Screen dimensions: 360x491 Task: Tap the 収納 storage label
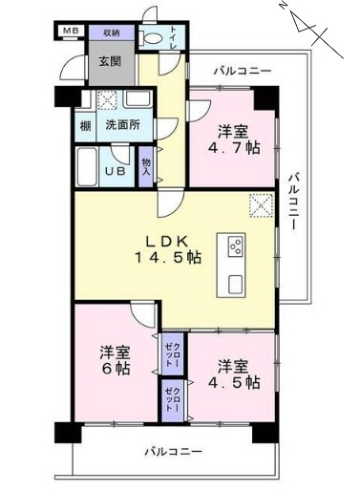(112, 32)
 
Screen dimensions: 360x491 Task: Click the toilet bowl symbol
(151, 39)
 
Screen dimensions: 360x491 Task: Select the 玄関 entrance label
(110, 61)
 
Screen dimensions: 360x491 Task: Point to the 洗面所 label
(122, 125)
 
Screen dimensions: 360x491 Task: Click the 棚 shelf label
(85, 126)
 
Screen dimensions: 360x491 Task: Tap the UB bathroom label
(116, 171)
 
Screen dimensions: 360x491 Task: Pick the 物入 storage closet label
(146, 167)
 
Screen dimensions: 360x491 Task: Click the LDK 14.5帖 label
(169, 250)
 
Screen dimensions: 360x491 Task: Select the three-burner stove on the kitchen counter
(236, 245)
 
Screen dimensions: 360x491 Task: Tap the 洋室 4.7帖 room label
(234, 139)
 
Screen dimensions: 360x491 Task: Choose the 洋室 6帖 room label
(116, 360)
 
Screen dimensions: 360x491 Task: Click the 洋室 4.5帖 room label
(234, 374)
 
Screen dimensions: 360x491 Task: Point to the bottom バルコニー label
(174, 451)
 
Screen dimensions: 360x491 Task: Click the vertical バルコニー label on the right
(293, 202)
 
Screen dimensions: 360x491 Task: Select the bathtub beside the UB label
(87, 167)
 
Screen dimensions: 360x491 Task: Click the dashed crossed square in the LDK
(261, 205)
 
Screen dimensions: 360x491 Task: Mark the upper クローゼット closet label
(173, 354)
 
